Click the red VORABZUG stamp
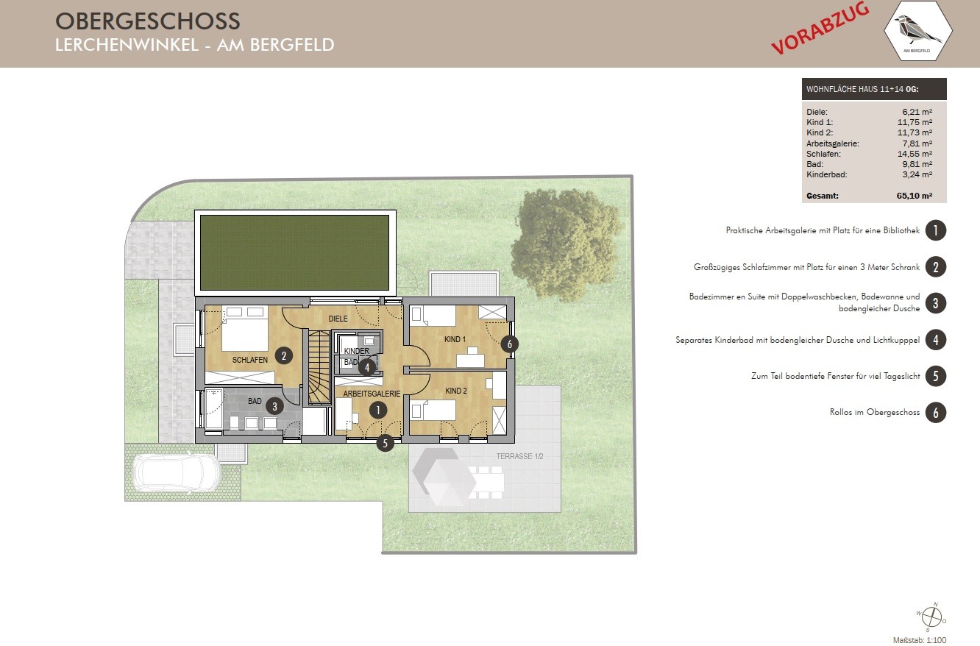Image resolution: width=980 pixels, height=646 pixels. coord(820,29)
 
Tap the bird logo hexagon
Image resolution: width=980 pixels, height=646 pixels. coord(918,31)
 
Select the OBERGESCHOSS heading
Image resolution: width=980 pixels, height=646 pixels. coord(148,21)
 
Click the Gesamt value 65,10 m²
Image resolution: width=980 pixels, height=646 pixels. coord(914,196)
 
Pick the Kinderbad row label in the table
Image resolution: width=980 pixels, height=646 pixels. coord(826,174)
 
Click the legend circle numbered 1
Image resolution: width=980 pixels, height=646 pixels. coord(935,230)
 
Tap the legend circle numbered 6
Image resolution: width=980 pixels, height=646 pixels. coord(935,413)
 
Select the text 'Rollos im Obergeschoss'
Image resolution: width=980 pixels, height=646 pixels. coord(875,412)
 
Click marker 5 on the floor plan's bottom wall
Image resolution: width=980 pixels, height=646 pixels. coord(385,443)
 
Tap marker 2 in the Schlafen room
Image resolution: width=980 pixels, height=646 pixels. coord(283,355)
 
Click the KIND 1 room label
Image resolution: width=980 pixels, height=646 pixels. coord(455,339)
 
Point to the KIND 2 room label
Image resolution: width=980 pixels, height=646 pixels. coord(456,391)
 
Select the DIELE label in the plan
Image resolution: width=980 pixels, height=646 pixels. coord(338,319)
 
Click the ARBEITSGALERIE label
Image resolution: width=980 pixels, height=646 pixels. coord(372,394)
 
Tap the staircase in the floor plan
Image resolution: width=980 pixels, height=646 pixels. coord(319,367)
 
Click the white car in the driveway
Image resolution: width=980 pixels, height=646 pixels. coord(177,472)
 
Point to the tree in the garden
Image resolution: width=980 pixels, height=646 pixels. coord(567,245)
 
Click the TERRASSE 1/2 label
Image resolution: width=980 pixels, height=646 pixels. coord(519,456)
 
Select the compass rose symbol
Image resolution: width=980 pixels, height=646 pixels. coord(932,617)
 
